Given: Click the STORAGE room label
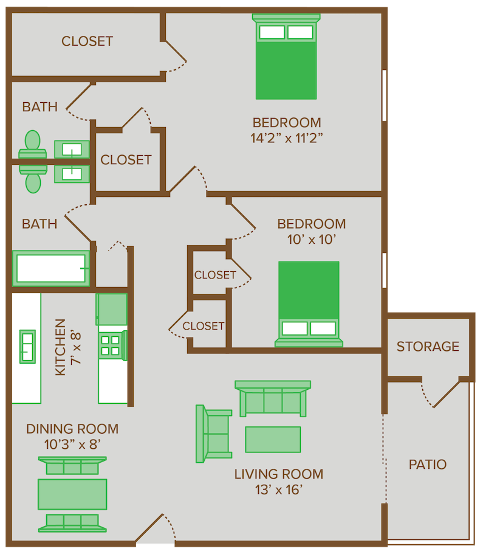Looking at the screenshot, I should [428, 347].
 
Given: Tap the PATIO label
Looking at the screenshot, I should [428, 465].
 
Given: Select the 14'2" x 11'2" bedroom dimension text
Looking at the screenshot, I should [286, 138].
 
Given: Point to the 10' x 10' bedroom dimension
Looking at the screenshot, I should [312, 240].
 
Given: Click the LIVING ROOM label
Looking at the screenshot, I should [279, 474].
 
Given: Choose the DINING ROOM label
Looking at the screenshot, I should [72, 429].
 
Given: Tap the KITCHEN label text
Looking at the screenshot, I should [61, 347].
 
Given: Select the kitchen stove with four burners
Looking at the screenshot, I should [111, 345].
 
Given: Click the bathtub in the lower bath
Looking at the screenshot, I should [52, 268].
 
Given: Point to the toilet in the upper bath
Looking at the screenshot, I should [32, 145].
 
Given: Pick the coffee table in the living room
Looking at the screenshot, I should [273, 439].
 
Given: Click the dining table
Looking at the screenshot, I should [72, 494].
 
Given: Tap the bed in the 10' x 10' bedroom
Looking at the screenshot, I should [309, 301].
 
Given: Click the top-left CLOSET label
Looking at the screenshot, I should [87, 41].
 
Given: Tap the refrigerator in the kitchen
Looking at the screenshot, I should [112, 309].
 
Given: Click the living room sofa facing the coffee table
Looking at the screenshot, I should [273, 399].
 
